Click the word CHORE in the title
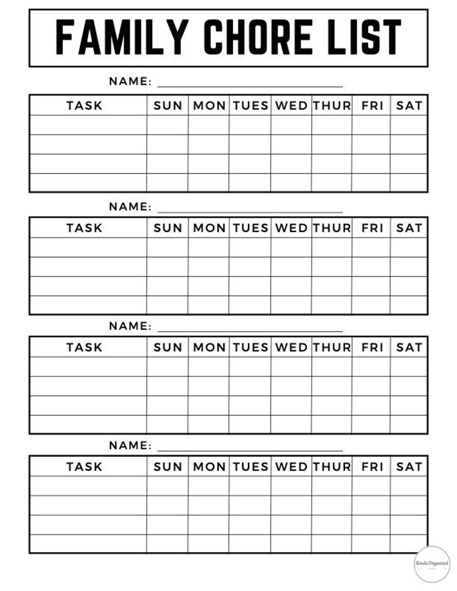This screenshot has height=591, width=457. point(258,37)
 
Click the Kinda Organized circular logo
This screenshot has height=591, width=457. point(432,564)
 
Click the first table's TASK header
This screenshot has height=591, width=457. point(85,105)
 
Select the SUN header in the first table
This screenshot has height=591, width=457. point(168,105)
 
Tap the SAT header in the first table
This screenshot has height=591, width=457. point(409,105)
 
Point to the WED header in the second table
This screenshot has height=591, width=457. point(291,228)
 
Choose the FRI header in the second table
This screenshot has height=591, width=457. point(372,228)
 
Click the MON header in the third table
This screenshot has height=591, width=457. point(209,347)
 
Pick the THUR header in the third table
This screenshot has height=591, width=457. point(332,347)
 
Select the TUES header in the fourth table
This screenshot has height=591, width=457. point(251,467)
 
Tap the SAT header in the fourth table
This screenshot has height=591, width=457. point(409,467)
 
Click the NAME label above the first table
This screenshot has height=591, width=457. point(130,81)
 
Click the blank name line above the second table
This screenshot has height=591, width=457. point(250,210)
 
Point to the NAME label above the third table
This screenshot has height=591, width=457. point(130,326)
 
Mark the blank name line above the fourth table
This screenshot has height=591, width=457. point(250,449)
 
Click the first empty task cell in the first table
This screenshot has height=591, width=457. point(88,125)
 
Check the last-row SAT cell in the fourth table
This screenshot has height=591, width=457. point(409,544)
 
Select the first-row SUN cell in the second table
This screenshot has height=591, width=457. point(168,247)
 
